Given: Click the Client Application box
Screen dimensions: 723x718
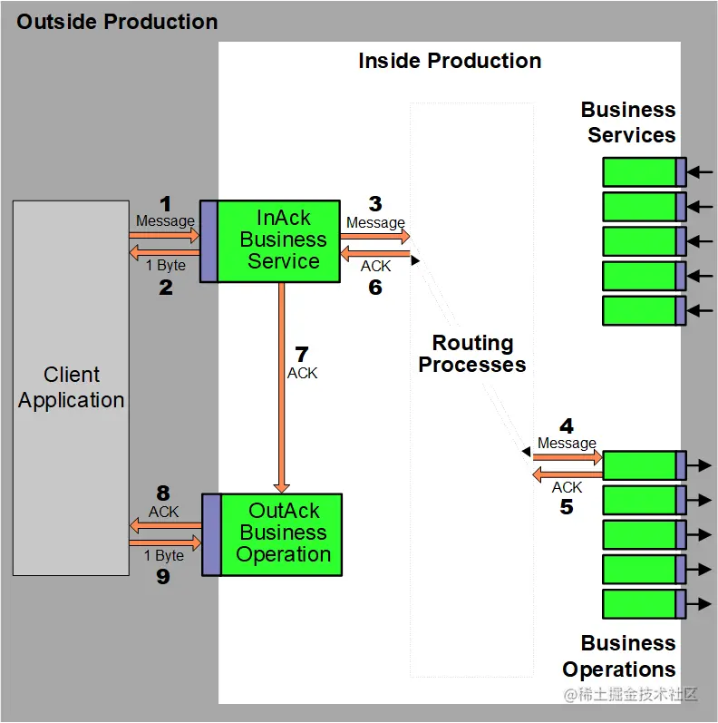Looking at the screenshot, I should coord(71,387).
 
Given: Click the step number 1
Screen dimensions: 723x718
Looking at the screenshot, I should coord(165,204).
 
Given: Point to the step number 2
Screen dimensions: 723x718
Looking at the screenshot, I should coord(166,288).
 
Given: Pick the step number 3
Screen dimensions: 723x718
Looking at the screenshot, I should coord(375,204).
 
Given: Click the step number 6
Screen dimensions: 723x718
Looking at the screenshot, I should coord(375,288).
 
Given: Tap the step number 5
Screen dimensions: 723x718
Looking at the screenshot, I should coord(567,507).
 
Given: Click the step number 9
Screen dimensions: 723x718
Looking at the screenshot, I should coord(163,576).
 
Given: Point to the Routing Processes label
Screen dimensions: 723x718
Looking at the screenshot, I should coord(472,354).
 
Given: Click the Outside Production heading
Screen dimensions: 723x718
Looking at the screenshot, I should coord(117,22).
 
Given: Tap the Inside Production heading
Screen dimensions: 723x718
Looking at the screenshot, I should coord(450,61).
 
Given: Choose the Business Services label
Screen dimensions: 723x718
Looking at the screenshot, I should coord(629,122).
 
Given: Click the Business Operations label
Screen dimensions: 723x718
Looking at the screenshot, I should coord(620,657).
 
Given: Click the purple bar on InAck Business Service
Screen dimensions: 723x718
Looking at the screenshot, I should coord(209,240).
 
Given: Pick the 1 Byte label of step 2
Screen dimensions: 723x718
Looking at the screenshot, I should coord(166,265).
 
